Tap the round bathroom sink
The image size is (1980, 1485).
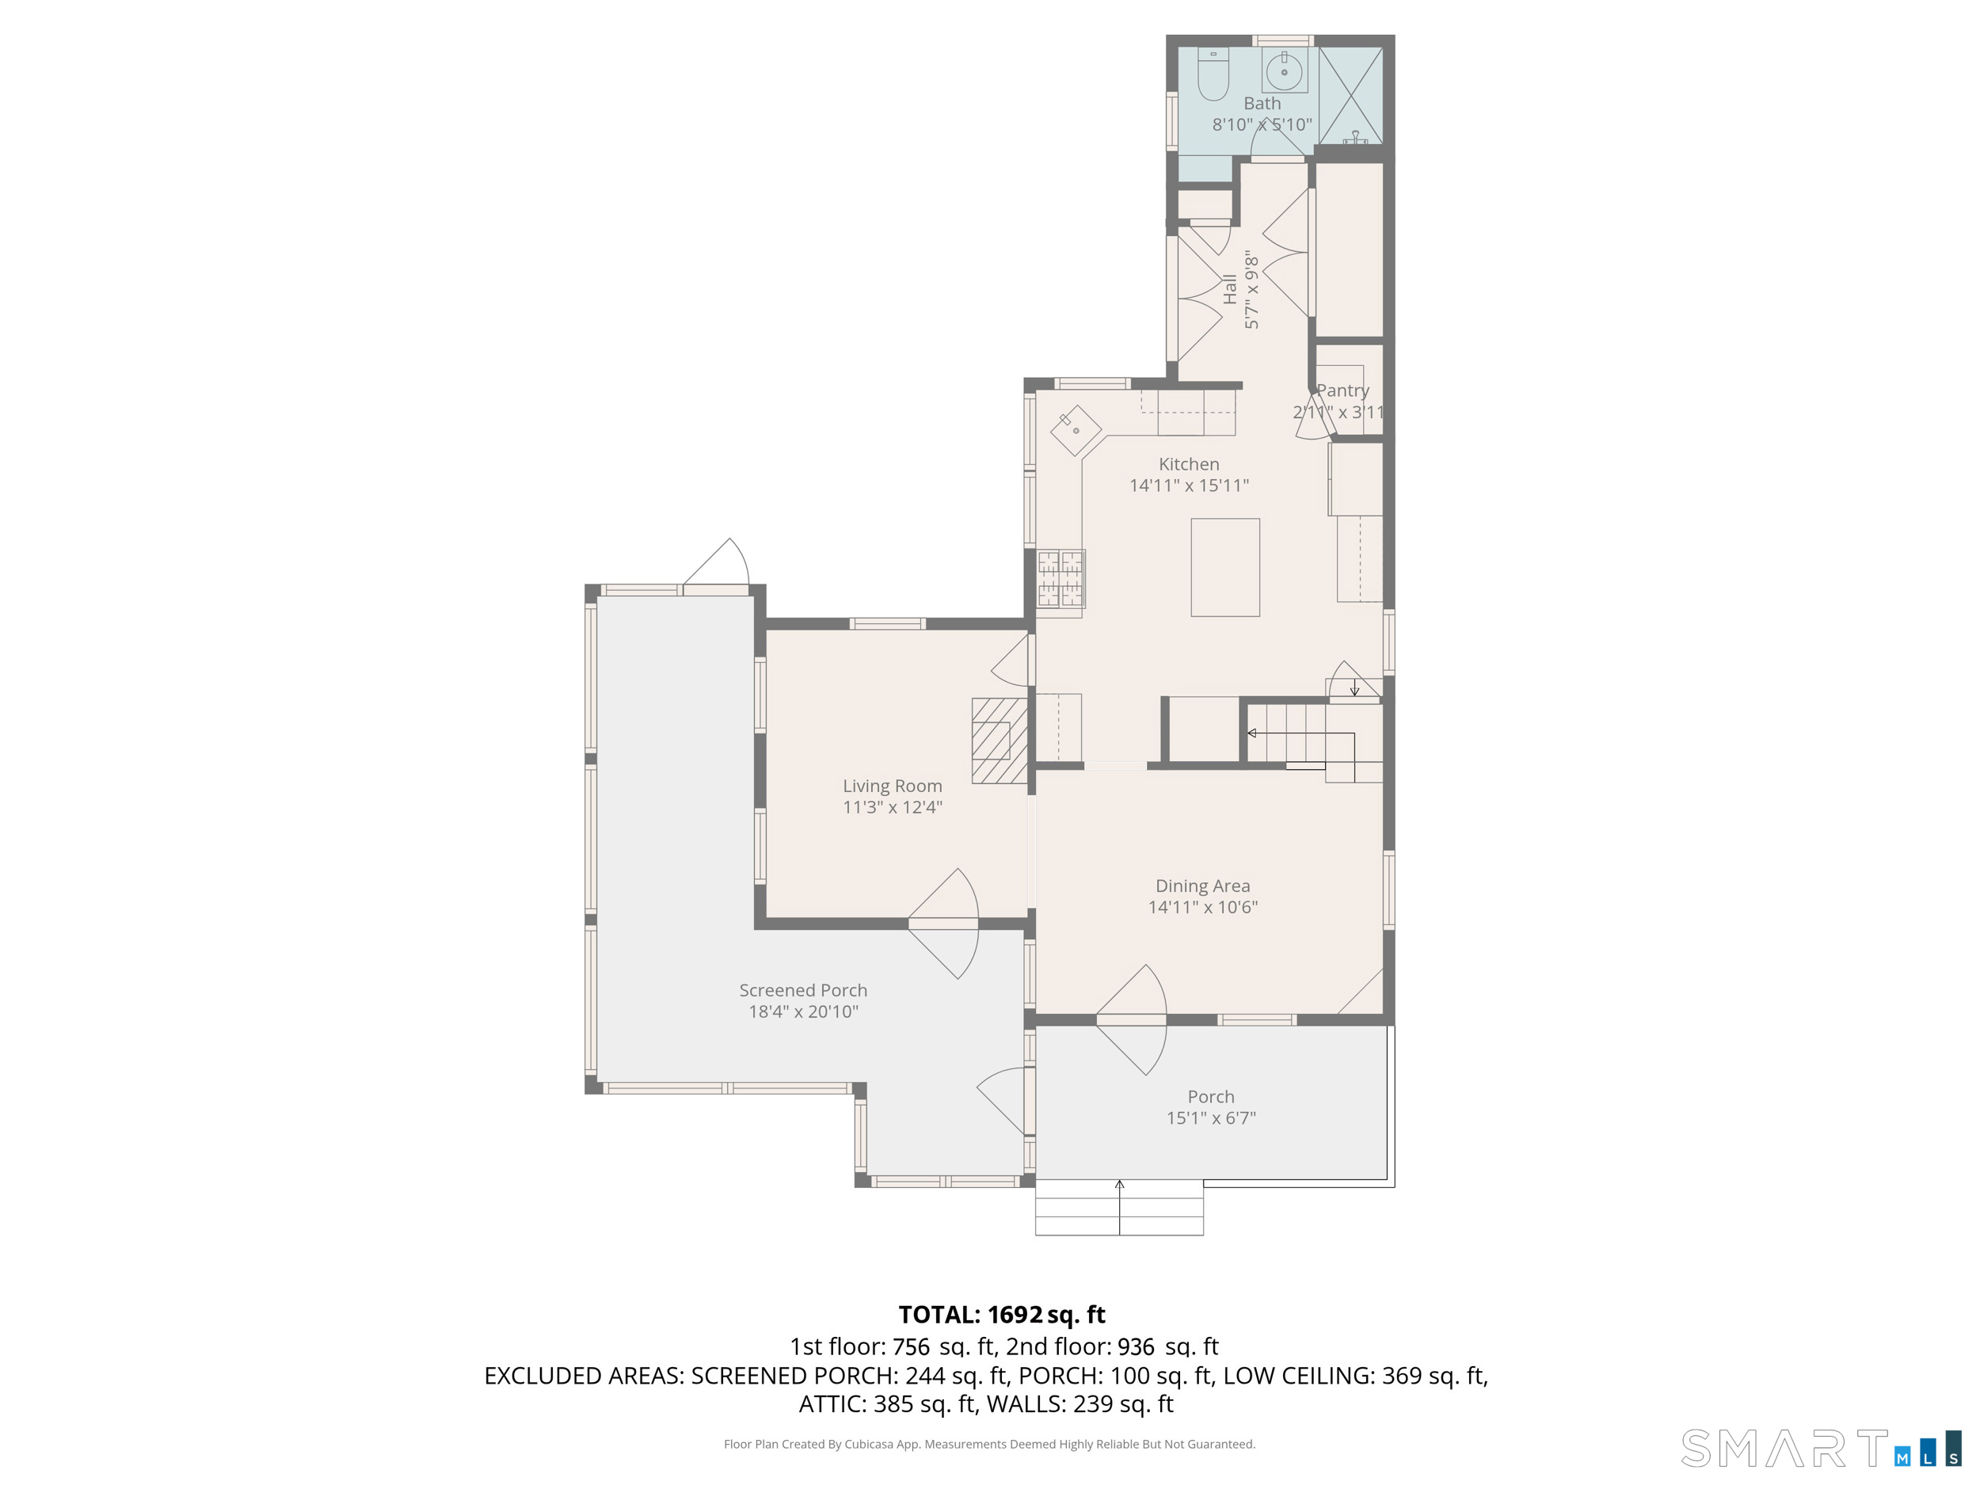pyautogui.click(x=1284, y=70)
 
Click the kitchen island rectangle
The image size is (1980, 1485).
pyautogui.click(x=1224, y=568)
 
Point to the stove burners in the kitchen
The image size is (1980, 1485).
pyautogui.click(x=1060, y=578)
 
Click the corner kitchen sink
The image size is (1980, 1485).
pyautogui.click(x=1075, y=431)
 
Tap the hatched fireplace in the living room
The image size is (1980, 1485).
pyautogui.click(x=999, y=741)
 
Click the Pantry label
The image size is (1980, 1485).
pyautogui.click(x=1342, y=390)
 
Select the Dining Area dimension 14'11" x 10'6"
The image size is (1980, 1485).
pyautogui.click(x=1202, y=907)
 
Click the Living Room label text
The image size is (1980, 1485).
pyautogui.click(x=892, y=786)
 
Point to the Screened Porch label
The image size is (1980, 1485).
pyautogui.click(x=803, y=990)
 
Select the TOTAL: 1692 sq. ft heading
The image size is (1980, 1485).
pyautogui.click(x=1002, y=1314)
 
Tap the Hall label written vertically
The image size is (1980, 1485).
pyautogui.click(x=1230, y=290)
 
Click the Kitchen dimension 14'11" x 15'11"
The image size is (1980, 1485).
pyautogui.click(x=1189, y=485)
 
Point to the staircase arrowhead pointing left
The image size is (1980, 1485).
pyautogui.click(x=1252, y=733)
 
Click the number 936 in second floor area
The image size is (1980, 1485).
pyautogui.click(x=1135, y=1347)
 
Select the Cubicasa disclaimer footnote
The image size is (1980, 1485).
pyautogui.click(x=989, y=1444)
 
